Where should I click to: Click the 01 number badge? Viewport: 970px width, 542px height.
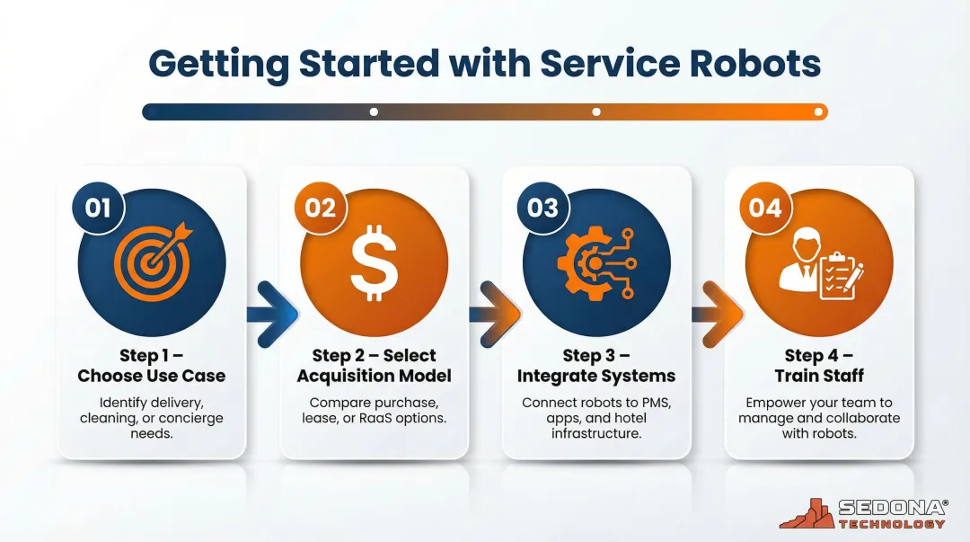(97, 209)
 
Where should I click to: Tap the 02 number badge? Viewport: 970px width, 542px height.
(320, 209)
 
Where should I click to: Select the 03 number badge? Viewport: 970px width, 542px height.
(542, 209)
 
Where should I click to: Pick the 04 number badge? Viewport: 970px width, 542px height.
(765, 209)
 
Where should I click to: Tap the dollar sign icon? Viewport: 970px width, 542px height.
(373, 264)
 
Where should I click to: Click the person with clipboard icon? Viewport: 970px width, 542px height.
(819, 262)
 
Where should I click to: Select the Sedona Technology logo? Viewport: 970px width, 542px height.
(861, 514)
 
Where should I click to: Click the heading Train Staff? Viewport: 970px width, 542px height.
(818, 376)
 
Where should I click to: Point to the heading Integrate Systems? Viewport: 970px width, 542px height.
(595, 376)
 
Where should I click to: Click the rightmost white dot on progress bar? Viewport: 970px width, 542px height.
(818, 112)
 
